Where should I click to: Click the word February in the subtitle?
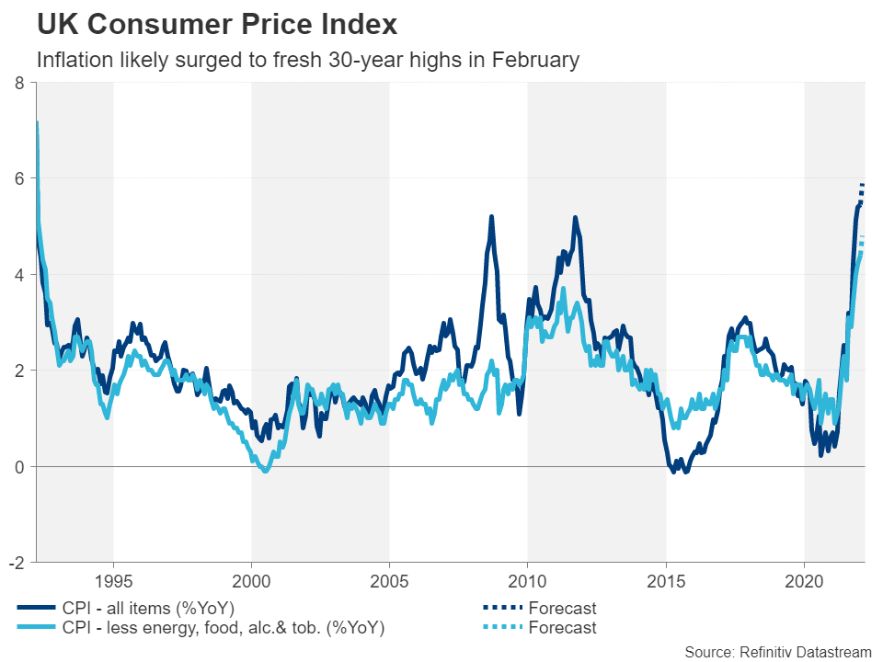coord(535,61)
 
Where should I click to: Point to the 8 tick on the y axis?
coord(20,83)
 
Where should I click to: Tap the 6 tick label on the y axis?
coord(20,178)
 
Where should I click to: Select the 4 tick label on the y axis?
coord(20,274)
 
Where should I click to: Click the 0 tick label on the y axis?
coord(20,466)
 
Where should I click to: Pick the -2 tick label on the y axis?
coord(17,562)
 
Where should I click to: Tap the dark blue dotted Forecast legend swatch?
coord(498,608)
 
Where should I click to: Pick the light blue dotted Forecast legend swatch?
coord(498,628)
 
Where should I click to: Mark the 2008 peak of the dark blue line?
coord(491,217)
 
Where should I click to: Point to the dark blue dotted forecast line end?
coord(863,185)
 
